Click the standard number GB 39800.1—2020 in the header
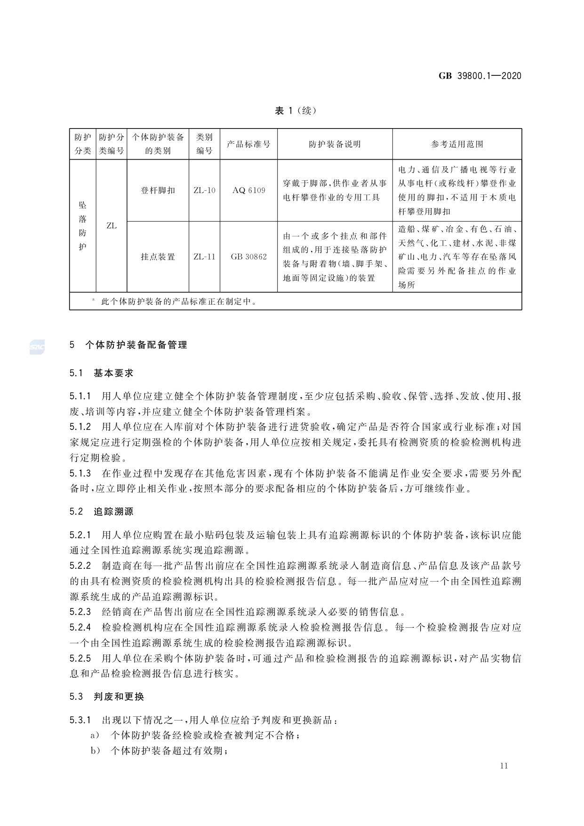tap(480, 76)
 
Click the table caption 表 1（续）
tap(295, 111)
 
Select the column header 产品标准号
tap(248, 144)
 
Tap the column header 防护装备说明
tap(335, 144)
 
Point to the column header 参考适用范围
tap(457, 144)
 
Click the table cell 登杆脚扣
tap(158, 191)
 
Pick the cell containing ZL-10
tap(204, 191)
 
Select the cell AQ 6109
tap(248, 191)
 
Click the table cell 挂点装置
tap(158, 257)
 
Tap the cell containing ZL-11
tap(204, 257)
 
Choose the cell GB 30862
tap(248, 257)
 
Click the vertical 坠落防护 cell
tap(82, 226)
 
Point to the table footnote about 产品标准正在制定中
tap(179, 301)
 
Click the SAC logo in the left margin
tap(37, 347)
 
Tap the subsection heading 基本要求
tap(113, 373)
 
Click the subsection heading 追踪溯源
tap(113, 511)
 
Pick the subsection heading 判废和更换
tap(119, 696)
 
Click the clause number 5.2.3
tap(80, 612)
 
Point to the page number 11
tap(504, 766)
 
